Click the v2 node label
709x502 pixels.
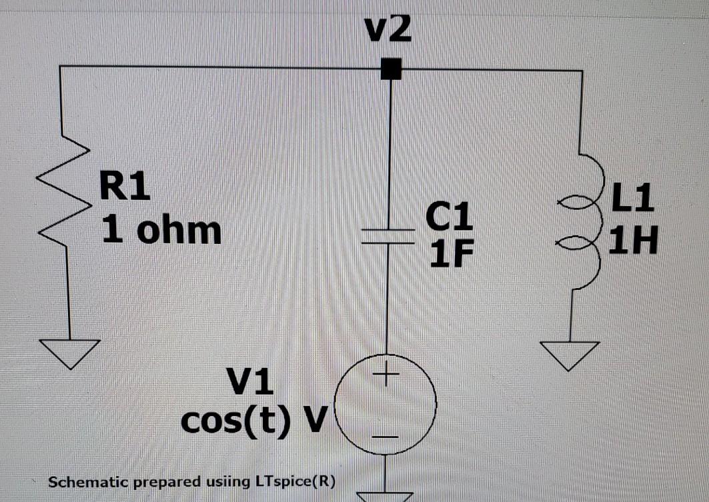pyautogui.click(x=389, y=31)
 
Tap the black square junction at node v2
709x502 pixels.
pyautogui.click(x=390, y=68)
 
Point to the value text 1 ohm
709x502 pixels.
pyautogui.click(x=161, y=230)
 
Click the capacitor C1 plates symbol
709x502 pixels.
pyautogui.click(x=390, y=237)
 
